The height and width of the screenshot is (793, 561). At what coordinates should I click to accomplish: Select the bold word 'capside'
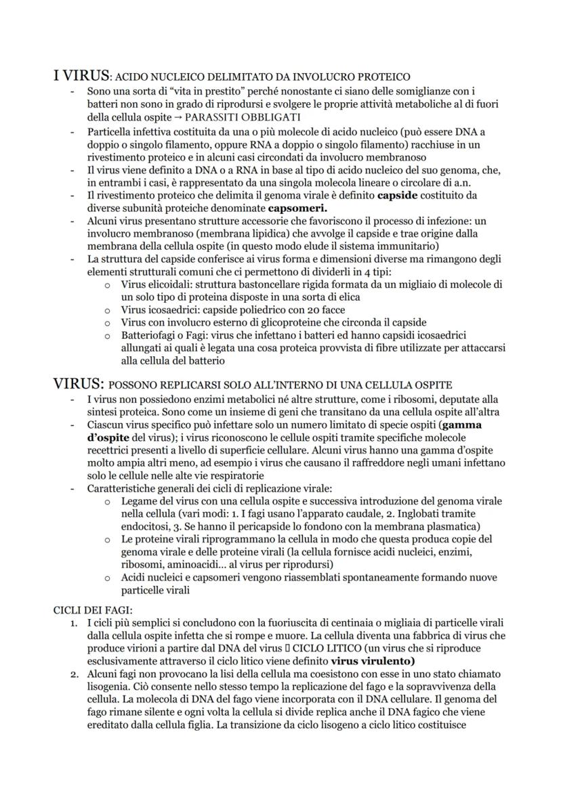click(398, 195)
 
